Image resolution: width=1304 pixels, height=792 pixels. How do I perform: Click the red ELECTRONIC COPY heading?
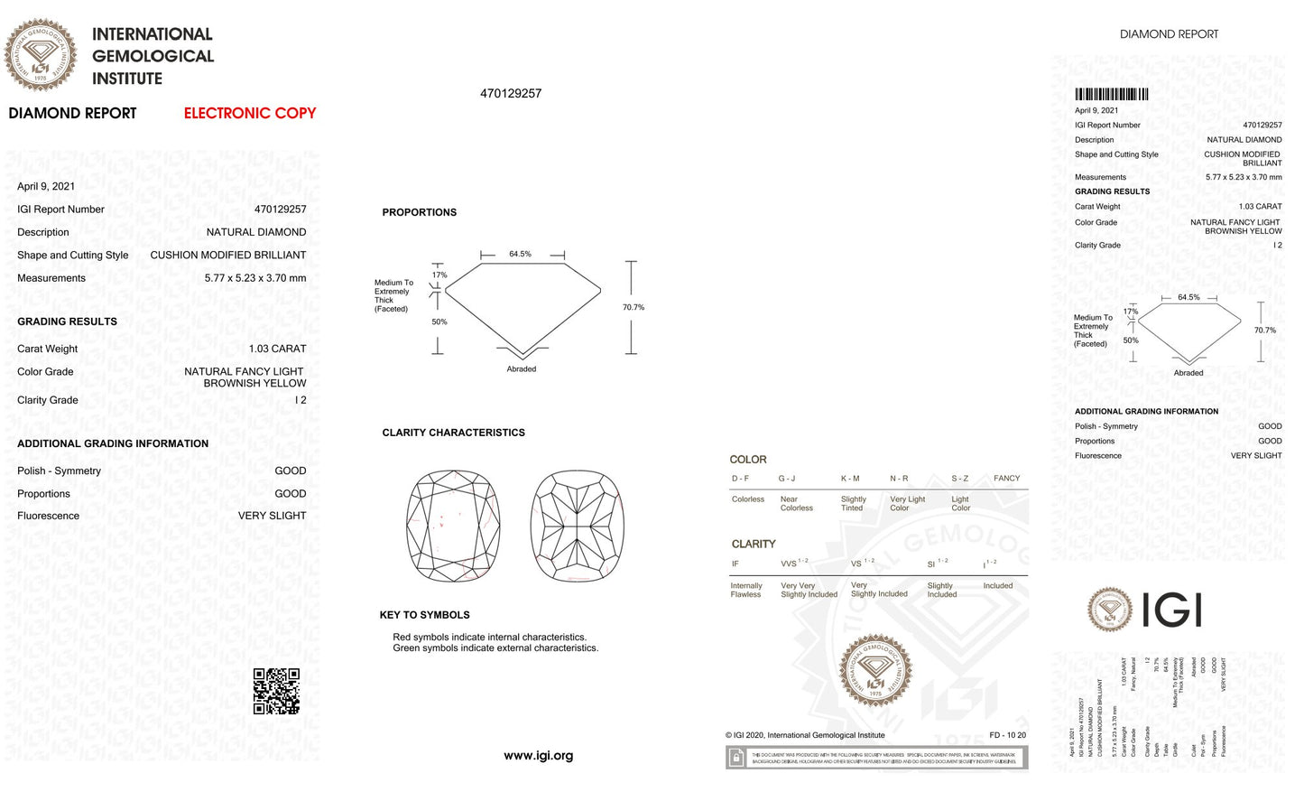click(x=250, y=114)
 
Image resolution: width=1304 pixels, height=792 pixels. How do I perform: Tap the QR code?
click(x=276, y=692)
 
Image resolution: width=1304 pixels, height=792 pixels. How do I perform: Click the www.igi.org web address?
click(x=538, y=756)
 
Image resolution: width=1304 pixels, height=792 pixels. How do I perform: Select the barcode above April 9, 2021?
click(x=1111, y=94)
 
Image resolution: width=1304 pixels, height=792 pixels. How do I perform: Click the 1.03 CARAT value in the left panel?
click(x=277, y=349)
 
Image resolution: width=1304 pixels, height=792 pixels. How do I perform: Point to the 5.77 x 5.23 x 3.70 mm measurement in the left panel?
click(x=254, y=278)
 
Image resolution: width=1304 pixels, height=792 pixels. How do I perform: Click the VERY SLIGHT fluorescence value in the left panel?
click(x=272, y=516)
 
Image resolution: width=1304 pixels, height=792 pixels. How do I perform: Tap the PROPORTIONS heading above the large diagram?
click(x=419, y=212)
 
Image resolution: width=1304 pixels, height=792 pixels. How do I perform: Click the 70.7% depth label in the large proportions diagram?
click(x=634, y=308)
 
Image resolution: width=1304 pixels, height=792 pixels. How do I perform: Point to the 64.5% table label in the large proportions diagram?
click(x=520, y=254)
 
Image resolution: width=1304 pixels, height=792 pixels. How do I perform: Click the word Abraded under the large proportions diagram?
click(x=521, y=369)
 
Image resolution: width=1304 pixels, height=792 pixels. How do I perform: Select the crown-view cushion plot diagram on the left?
click(x=453, y=526)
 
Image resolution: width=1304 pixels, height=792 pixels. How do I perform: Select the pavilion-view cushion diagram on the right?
click(x=578, y=526)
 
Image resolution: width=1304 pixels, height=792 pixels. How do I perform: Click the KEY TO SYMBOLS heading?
click(x=424, y=615)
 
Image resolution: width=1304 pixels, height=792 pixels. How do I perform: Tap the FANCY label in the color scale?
click(x=1006, y=479)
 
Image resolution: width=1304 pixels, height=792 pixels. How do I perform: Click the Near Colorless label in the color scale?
click(x=796, y=504)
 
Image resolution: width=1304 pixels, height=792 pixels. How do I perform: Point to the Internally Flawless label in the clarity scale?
click(x=746, y=590)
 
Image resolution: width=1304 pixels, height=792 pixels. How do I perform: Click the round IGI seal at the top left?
click(x=41, y=55)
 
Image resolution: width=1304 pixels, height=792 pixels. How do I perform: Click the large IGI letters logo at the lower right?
click(x=1171, y=610)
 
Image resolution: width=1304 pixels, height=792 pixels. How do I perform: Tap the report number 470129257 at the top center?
click(x=511, y=94)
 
